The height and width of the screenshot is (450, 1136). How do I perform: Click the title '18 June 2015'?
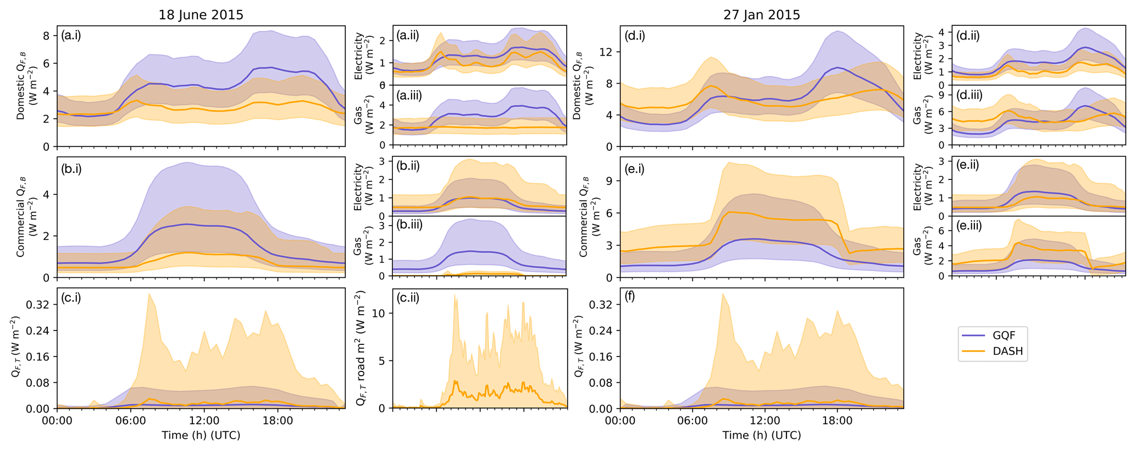[201, 15]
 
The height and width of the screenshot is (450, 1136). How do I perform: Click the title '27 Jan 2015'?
[761, 15]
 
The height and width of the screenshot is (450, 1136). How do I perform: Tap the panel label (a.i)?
[71, 36]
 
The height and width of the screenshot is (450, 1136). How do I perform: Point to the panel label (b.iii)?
[409, 224]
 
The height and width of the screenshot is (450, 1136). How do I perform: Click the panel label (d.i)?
[635, 36]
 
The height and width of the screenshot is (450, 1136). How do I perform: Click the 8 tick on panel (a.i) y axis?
[47, 36]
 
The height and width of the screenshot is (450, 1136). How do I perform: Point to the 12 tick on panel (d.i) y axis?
[607, 52]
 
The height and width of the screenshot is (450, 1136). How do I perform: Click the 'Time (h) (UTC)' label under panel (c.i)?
[201, 435]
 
